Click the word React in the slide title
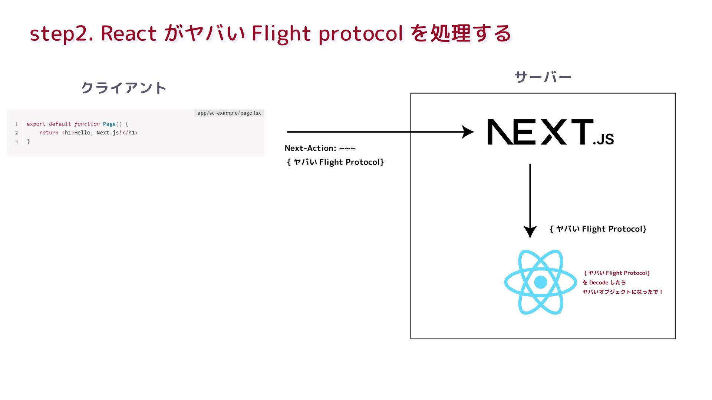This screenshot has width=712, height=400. tap(128, 33)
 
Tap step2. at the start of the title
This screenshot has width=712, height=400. tap(61, 34)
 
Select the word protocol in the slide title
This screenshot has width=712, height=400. tap(360, 34)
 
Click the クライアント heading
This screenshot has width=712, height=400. tap(123, 88)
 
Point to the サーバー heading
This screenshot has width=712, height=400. tap(543, 77)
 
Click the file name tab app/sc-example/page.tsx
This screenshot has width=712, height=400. tap(229, 113)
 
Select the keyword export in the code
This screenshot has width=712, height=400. tap(36, 124)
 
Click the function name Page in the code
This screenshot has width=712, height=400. tap(109, 124)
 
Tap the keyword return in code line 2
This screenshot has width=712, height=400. tap(49, 133)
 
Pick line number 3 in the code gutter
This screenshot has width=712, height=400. tap(16, 141)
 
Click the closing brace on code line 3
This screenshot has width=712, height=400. tap(28, 141)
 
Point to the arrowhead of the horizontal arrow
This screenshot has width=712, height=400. tap(468, 132)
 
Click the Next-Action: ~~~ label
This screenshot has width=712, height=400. tap(320, 148)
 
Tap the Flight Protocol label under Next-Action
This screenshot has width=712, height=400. tap(335, 162)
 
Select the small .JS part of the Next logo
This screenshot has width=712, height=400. tap(603, 139)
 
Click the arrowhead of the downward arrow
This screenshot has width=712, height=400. tap(530, 231)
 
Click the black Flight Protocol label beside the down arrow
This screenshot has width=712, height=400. tap(598, 229)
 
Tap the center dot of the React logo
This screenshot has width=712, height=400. tap(541, 282)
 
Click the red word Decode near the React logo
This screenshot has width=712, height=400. tap(599, 283)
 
